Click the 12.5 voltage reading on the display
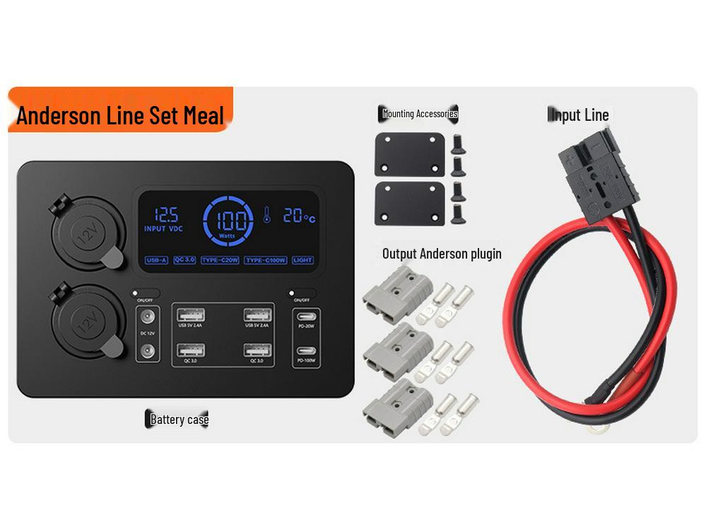[166, 215]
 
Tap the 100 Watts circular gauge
[228, 220]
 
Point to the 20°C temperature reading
[299, 216]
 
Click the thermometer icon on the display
[267, 215]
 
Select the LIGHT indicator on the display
[302, 260]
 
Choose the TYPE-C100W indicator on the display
[266, 260]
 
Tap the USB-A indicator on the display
[156, 260]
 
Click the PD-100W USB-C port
[306, 351]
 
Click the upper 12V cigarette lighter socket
[87, 236]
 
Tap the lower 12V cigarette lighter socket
[86, 323]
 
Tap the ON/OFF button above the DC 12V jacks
[145, 293]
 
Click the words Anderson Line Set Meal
[120, 115]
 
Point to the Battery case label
[179, 420]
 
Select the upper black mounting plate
[409, 154]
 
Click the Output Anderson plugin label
[442, 254]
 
